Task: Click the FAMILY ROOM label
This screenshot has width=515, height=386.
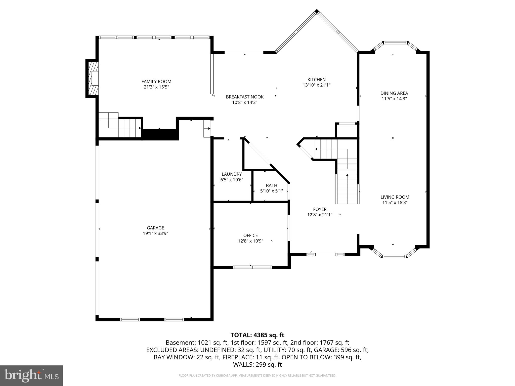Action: tap(156, 81)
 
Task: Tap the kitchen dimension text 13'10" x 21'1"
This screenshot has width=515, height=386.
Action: tap(316, 85)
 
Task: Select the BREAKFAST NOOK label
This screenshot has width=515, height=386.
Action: tap(245, 97)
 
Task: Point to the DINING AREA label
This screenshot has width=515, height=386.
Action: tap(394, 93)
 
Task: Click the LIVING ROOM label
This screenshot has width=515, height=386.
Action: tap(395, 197)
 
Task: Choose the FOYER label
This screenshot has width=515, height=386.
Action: tap(320, 209)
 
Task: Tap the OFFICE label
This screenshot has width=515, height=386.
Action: tap(250, 235)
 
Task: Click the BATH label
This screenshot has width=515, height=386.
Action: tap(271, 185)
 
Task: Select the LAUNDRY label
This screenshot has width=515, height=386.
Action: tap(232, 174)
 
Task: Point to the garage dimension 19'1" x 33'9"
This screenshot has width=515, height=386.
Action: tap(155, 233)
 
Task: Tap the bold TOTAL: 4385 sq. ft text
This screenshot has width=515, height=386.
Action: tap(257, 335)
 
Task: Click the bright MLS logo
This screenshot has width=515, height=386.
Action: tap(31, 376)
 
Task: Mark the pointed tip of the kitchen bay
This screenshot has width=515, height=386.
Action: tap(317, 11)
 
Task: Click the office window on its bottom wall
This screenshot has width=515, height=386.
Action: tap(252, 267)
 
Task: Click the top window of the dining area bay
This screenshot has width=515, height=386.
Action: tap(396, 43)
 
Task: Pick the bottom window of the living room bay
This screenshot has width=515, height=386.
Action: tap(394, 257)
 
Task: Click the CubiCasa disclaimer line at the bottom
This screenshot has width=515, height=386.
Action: tap(257, 375)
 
